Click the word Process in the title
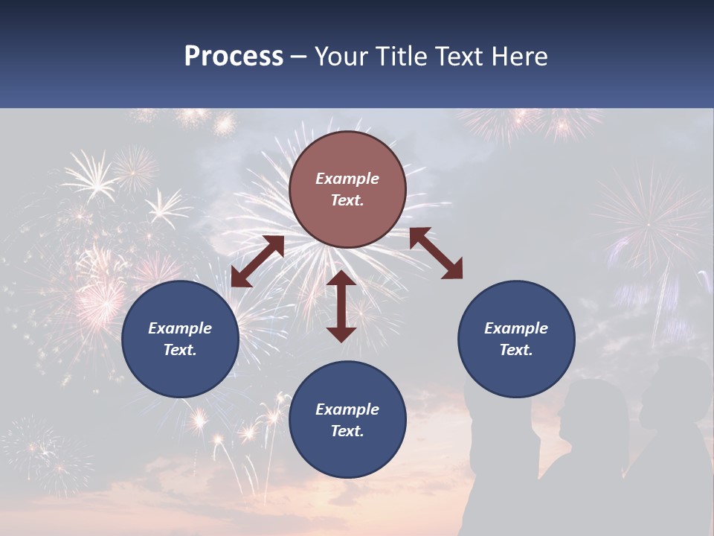click(x=234, y=57)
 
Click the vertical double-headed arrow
click(x=341, y=306)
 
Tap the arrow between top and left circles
click(x=257, y=261)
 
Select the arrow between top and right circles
click(x=436, y=253)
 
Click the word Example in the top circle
click(x=347, y=179)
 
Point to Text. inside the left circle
click(x=180, y=350)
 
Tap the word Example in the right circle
click(x=516, y=328)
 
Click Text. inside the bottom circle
click(x=347, y=431)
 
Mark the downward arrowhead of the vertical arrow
click(x=341, y=333)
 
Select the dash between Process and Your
click(x=299, y=57)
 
